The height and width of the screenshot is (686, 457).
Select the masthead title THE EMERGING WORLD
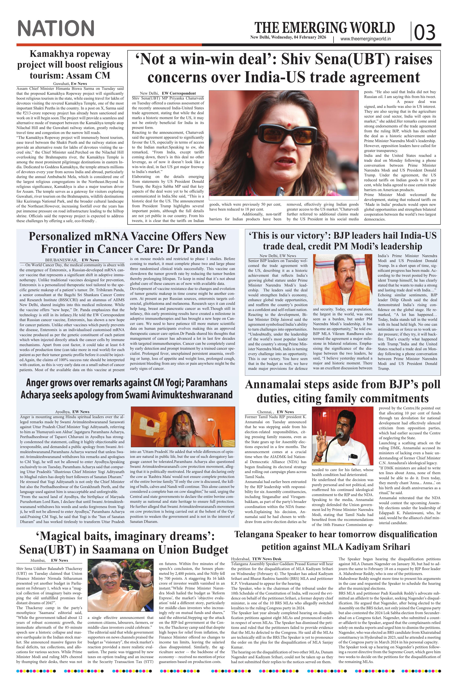tap(324, 28)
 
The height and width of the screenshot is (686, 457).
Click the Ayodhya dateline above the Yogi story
tap(63, 412)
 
